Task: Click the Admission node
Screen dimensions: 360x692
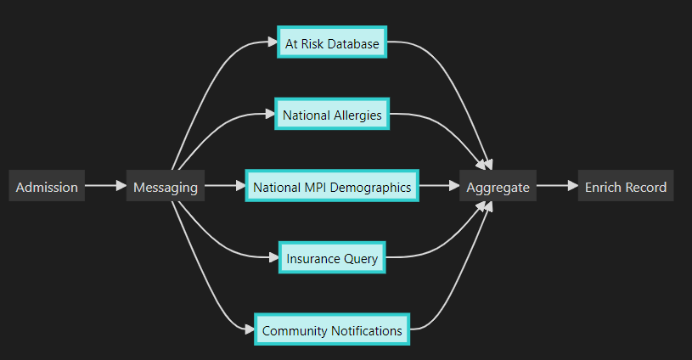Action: (47, 187)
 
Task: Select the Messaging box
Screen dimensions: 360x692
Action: (165, 187)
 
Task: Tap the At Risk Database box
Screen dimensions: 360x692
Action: (332, 42)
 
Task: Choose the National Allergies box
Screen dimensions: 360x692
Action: (332, 115)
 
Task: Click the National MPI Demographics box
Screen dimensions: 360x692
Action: (332, 187)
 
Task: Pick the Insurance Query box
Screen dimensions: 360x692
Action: (332, 258)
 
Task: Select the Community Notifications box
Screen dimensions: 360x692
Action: (332, 330)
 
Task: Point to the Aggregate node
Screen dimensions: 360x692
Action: (498, 187)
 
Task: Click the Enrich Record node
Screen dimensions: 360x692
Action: (626, 187)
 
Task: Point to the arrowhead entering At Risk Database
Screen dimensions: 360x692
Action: (272, 42)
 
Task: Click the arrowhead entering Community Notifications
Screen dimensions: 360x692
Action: (249, 330)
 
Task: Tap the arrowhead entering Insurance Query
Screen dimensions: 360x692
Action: (273, 258)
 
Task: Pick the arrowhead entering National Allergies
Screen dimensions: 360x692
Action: (269, 115)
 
